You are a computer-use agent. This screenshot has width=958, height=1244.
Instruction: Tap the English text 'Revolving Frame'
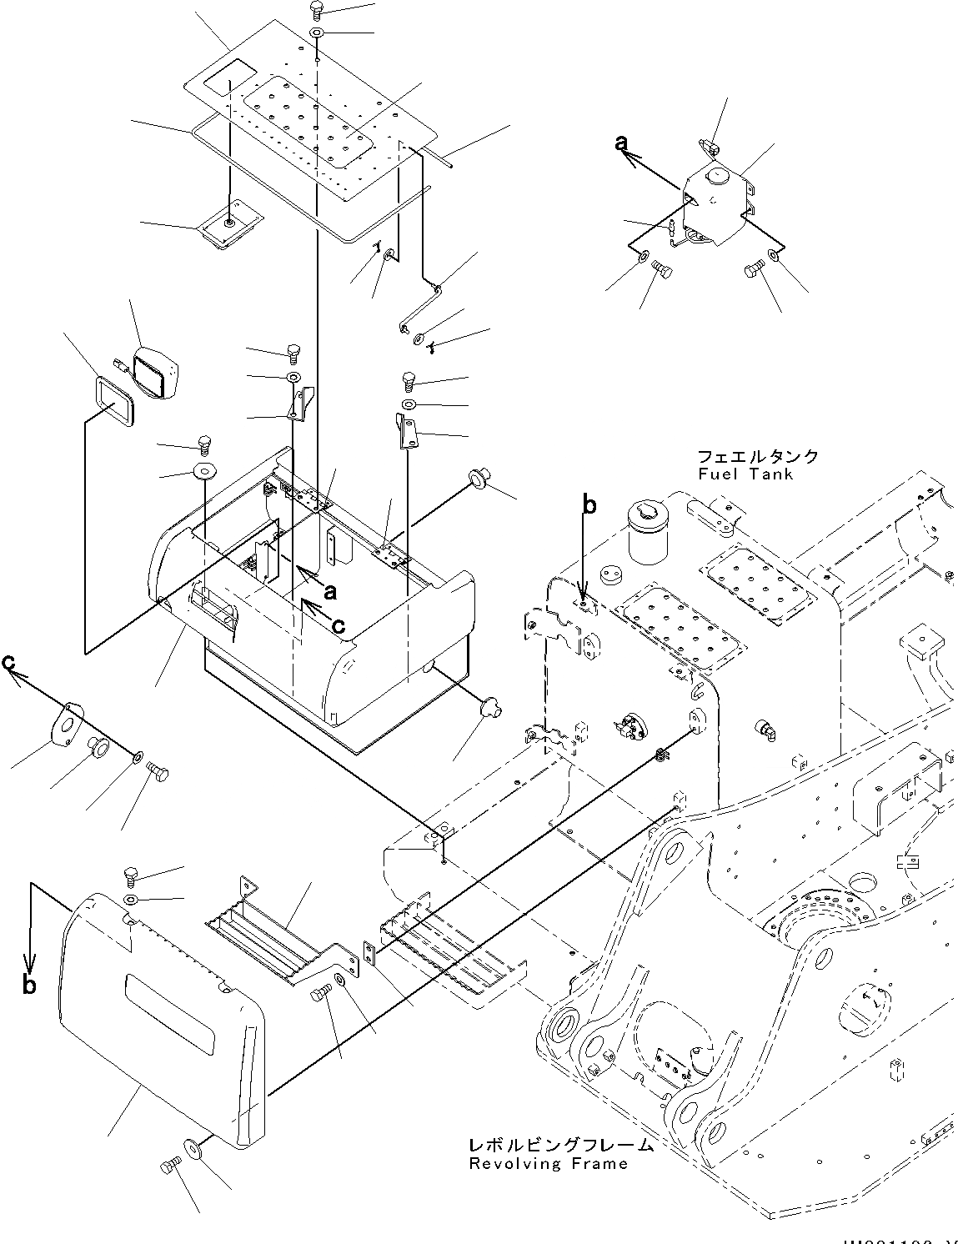click(x=548, y=1164)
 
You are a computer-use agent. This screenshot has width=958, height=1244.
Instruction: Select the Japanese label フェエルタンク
click(x=758, y=457)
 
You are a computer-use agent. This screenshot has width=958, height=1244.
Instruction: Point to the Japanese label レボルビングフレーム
click(x=560, y=1146)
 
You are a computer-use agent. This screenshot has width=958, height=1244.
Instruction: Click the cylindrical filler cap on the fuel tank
click(x=647, y=533)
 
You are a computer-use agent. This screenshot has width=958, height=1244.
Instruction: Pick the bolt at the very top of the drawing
click(x=316, y=9)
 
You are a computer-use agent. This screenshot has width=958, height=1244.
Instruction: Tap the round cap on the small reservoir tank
click(x=715, y=176)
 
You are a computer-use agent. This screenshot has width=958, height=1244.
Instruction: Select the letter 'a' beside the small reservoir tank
click(x=621, y=143)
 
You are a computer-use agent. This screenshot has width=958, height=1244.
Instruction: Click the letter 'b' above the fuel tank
click(x=589, y=505)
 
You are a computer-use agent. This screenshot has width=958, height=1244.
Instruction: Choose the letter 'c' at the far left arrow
click(x=8, y=661)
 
